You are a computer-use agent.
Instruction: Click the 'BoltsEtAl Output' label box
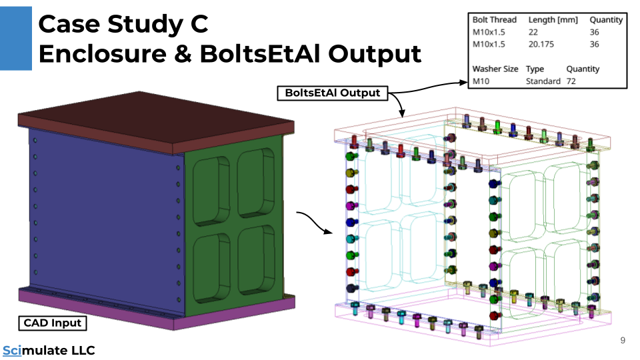point(332,93)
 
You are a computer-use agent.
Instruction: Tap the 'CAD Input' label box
point(53,323)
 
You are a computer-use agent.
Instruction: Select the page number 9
point(623,341)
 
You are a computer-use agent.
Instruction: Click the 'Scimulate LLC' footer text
point(49,351)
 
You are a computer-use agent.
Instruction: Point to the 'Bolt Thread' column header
point(494,20)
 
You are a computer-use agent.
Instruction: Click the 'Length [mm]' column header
point(553,20)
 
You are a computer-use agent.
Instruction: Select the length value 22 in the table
point(533,32)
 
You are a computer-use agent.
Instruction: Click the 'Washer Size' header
point(495,69)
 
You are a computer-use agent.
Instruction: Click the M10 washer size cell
point(481,81)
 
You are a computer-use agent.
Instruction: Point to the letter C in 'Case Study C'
point(199,25)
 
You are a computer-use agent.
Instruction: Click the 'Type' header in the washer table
point(535,69)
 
